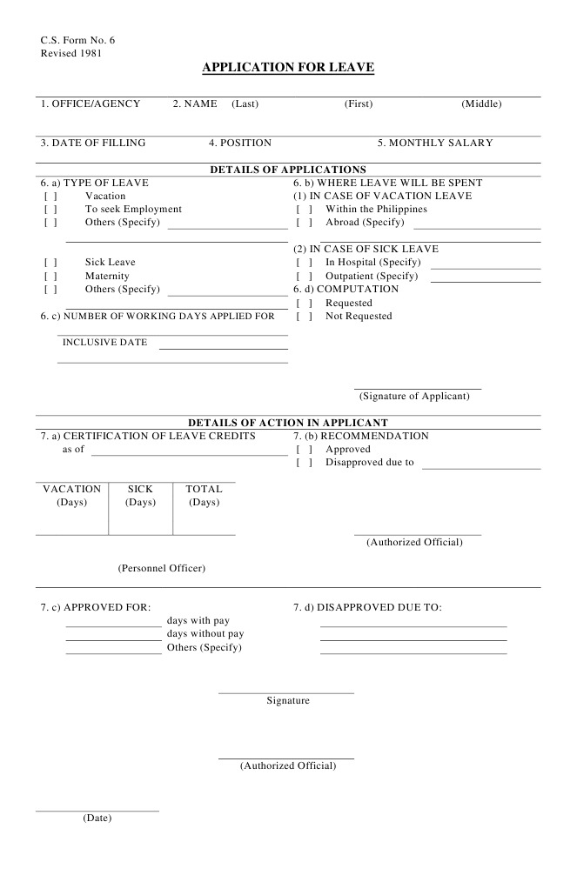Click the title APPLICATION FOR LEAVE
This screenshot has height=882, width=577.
[288, 67]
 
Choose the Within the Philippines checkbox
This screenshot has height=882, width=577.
[304, 209]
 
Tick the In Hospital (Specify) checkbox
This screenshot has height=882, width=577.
[304, 262]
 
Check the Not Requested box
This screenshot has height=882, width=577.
[304, 316]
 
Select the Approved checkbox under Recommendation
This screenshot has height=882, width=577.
[304, 449]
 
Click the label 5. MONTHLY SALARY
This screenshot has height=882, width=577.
[435, 143]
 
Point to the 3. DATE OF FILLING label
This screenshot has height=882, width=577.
[93, 143]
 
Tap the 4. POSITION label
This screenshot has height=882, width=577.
[240, 143]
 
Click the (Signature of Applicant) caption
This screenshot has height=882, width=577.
[414, 396]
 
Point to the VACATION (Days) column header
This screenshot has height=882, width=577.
[72, 495]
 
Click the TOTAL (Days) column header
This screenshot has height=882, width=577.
[204, 495]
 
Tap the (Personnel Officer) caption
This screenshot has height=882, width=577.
[162, 568]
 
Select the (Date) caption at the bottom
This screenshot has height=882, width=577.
[97, 818]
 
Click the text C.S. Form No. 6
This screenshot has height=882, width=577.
[77, 40]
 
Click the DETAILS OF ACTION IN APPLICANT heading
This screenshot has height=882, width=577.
[288, 422]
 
